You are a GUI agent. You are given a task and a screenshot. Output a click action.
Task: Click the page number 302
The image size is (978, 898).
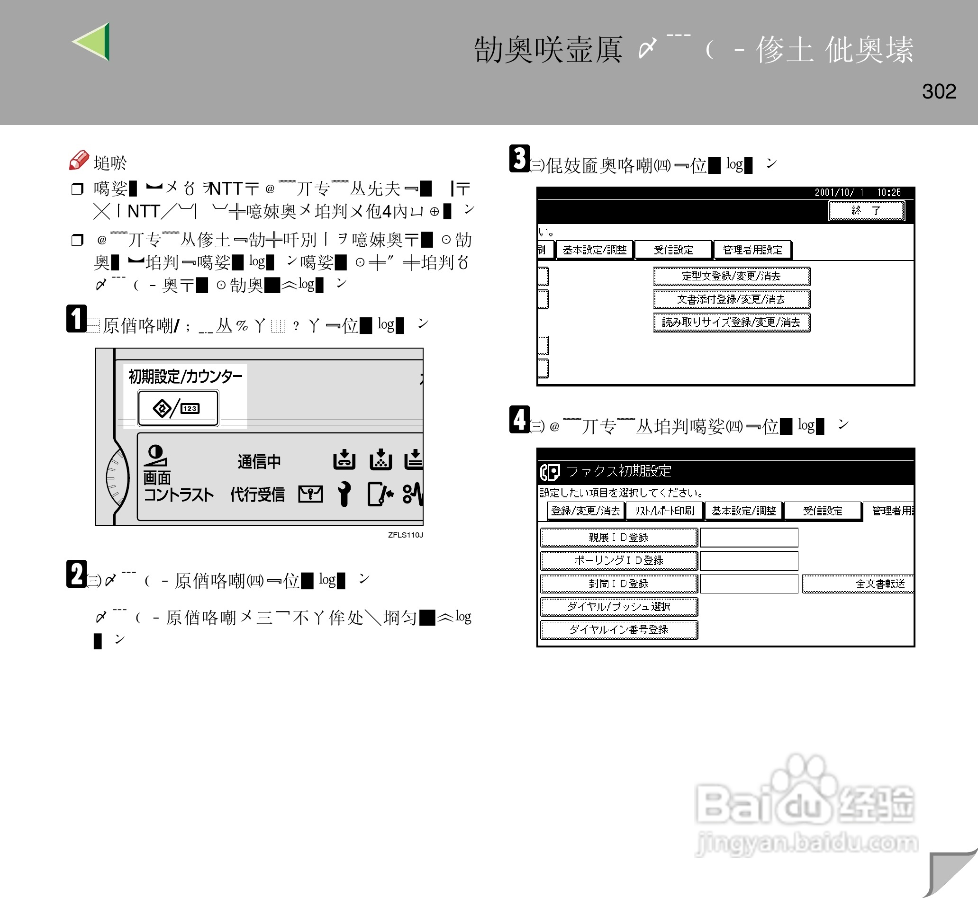(x=939, y=91)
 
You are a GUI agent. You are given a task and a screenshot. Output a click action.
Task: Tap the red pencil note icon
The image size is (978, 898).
(x=79, y=160)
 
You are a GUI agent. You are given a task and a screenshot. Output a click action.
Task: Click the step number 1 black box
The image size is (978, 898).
(x=76, y=319)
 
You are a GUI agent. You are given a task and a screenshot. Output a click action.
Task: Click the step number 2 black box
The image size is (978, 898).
(x=76, y=574)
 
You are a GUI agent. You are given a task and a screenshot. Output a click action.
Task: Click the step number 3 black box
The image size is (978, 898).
(x=519, y=158)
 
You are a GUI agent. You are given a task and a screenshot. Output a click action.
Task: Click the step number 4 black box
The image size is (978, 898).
(x=519, y=419)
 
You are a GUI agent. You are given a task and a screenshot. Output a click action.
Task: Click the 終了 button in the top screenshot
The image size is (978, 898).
(x=866, y=210)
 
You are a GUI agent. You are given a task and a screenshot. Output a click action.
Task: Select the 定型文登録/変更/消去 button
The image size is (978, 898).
(x=731, y=276)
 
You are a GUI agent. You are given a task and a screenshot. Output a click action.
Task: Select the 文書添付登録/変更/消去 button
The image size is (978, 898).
(x=731, y=299)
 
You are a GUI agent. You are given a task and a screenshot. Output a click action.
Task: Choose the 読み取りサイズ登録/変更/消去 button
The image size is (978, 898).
(x=731, y=322)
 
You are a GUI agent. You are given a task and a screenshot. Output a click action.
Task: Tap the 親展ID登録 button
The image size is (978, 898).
(x=618, y=538)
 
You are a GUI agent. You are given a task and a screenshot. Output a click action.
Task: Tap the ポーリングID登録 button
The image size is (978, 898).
(x=618, y=560)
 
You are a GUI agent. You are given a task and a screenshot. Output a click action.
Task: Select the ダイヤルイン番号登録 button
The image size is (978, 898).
(x=618, y=630)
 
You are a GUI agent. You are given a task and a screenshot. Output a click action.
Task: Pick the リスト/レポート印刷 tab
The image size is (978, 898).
(x=664, y=511)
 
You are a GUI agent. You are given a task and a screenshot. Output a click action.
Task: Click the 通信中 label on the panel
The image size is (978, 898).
(x=259, y=461)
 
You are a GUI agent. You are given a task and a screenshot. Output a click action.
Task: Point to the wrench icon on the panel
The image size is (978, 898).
(x=344, y=494)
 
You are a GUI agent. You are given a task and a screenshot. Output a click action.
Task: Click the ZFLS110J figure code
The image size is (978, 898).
(x=405, y=535)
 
